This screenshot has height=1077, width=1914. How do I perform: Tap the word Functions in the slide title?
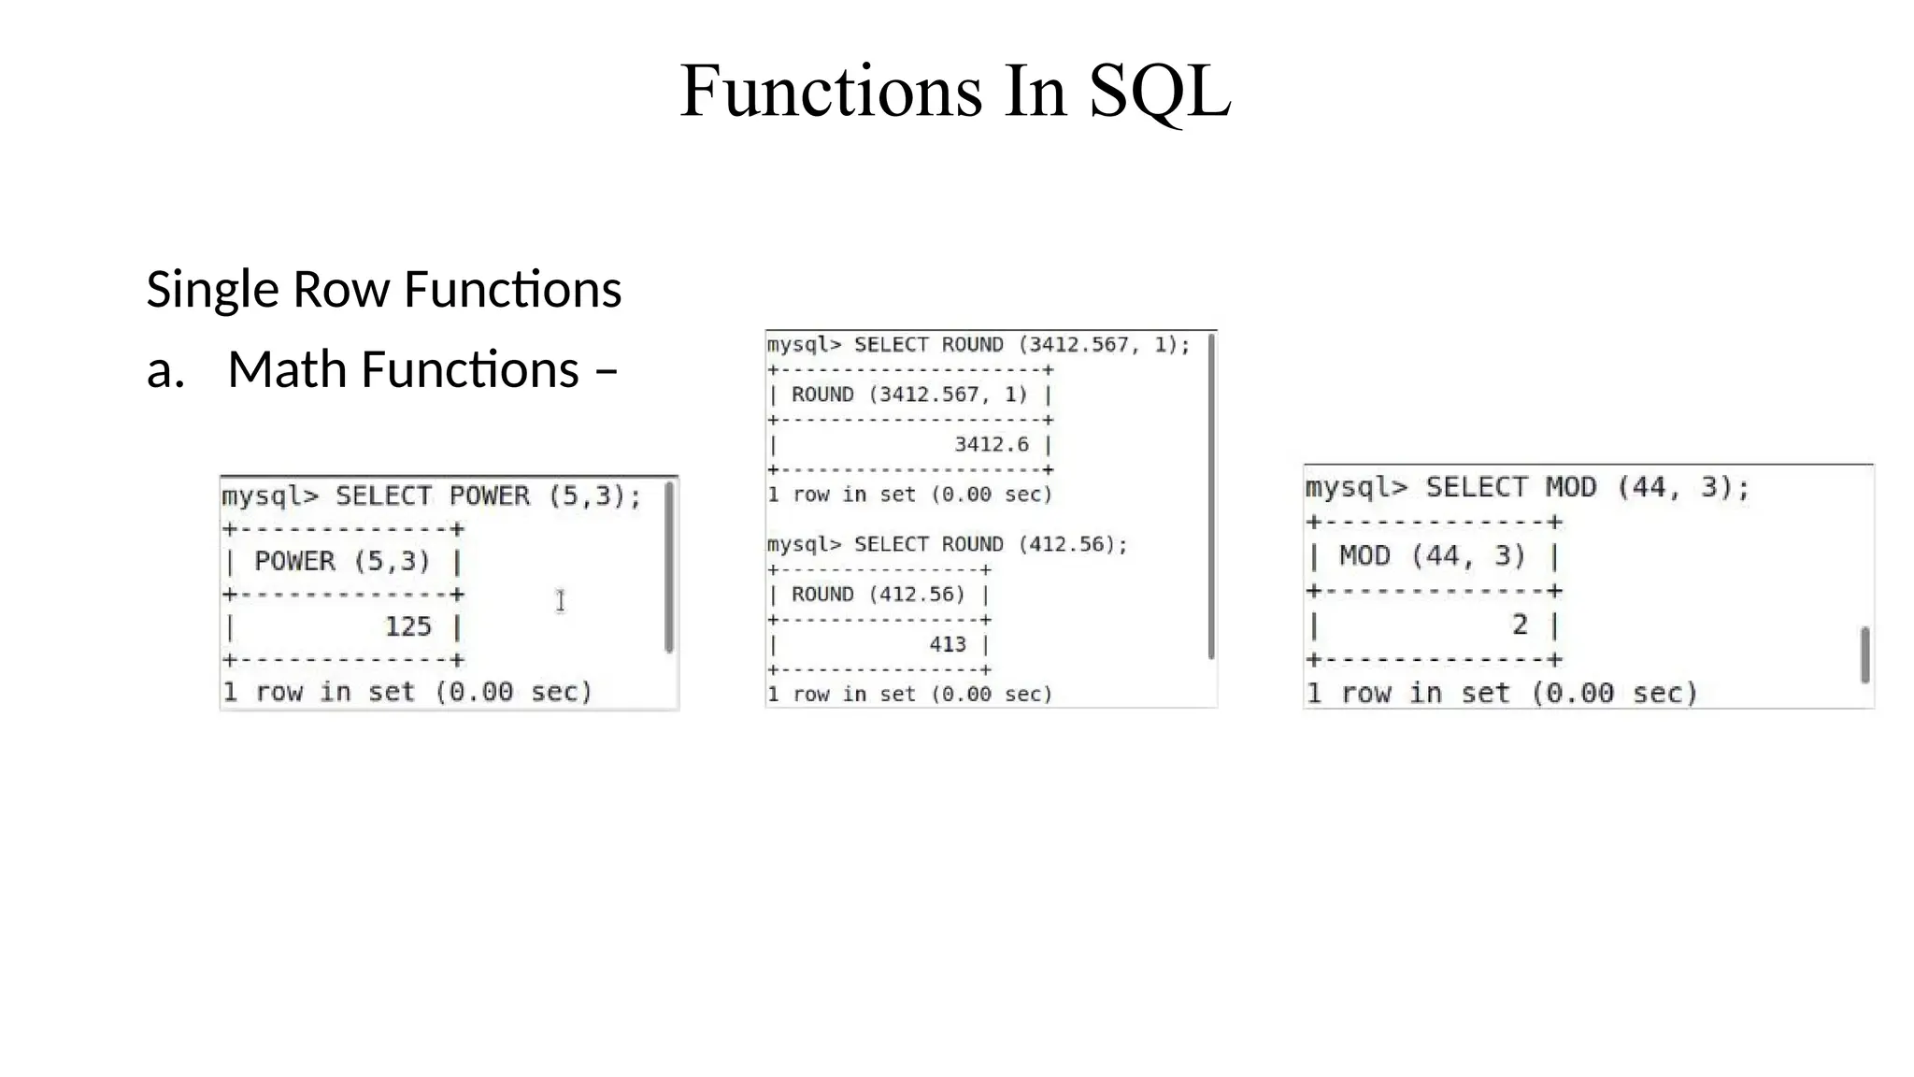(831, 91)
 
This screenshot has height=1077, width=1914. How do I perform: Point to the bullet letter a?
(164, 370)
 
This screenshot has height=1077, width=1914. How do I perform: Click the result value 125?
(408, 626)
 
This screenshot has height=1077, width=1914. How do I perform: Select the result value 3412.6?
(991, 444)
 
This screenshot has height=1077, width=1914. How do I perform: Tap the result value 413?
(947, 644)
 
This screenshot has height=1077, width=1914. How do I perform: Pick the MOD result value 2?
(1520, 625)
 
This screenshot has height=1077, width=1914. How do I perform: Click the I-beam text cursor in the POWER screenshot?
(560, 601)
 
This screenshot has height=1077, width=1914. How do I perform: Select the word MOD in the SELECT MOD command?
(1570, 487)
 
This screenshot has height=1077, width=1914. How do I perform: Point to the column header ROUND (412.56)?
(878, 595)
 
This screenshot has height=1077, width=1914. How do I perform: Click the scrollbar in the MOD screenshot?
(1864, 654)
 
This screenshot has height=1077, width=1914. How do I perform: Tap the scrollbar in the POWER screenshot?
(669, 567)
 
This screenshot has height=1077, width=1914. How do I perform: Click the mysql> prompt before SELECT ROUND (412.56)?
(804, 544)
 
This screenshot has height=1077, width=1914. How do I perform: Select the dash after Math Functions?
(606, 371)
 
